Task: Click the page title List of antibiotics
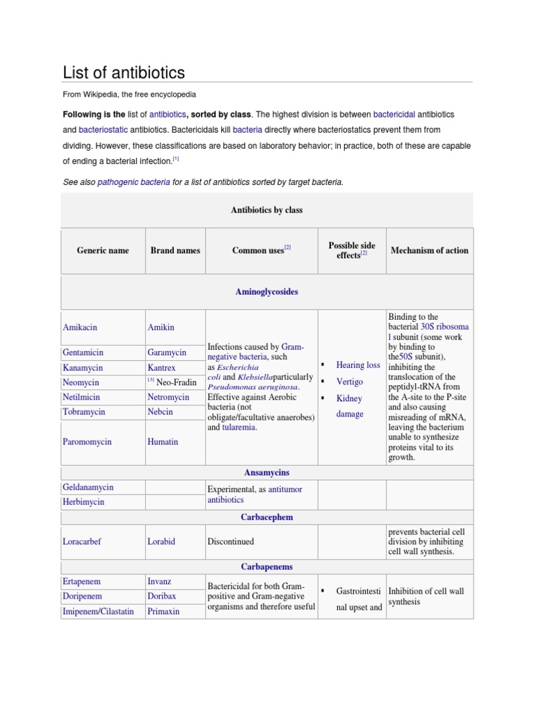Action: click(124, 72)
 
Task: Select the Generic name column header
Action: click(103, 250)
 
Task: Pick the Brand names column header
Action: click(175, 250)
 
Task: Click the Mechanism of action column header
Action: click(430, 250)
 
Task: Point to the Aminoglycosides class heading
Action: click(267, 292)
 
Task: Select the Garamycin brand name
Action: click(167, 353)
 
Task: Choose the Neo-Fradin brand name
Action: click(177, 382)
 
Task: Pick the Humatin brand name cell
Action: click(163, 442)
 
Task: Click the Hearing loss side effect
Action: click(358, 364)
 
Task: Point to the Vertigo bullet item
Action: click(350, 381)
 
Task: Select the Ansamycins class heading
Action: click(267, 473)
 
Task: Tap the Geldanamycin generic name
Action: click(88, 488)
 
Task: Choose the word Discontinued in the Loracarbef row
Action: click(231, 541)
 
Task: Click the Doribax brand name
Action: click(162, 596)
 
